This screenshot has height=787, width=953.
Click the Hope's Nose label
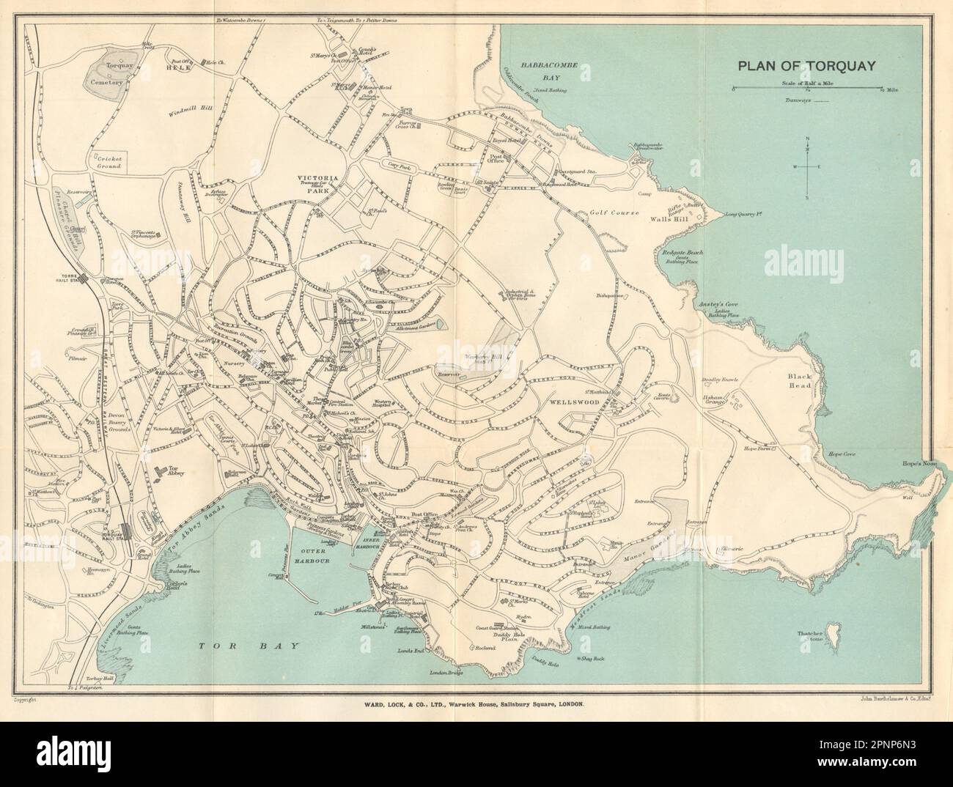[919, 464]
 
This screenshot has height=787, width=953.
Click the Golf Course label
[611, 212]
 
